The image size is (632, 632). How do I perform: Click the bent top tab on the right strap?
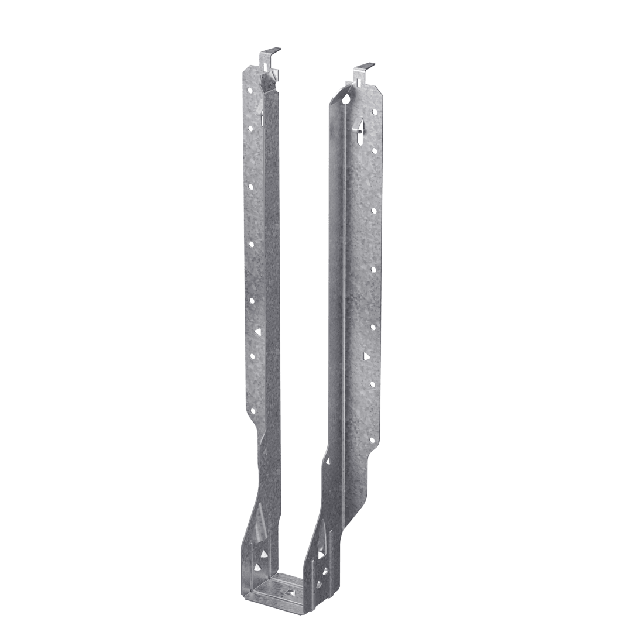(x=364, y=68)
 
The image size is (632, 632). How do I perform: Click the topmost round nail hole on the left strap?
(x=250, y=91)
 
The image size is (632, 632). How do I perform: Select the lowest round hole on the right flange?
(x=372, y=384)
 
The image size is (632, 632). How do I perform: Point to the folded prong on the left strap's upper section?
(x=263, y=119)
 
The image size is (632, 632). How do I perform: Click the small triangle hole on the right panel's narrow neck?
(x=328, y=461)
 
